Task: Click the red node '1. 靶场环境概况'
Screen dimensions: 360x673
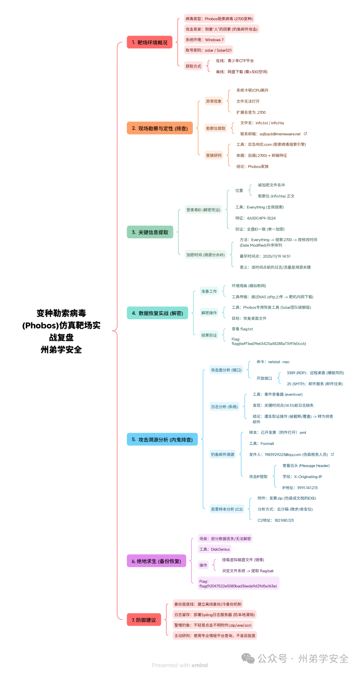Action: pyautogui.click(x=149, y=42)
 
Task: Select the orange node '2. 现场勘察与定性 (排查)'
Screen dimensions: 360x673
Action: pyautogui.click(x=160, y=128)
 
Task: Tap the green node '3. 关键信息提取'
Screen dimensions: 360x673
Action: pyautogui.click(x=150, y=232)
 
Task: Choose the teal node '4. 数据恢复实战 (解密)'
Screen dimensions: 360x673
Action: pyautogui.click(x=157, y=313)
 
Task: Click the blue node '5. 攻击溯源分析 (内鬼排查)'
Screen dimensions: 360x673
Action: pyautogui.click(x=162, y=440)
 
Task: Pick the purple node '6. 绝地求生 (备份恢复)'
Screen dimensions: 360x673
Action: pyautogui.click(x=156, y=561)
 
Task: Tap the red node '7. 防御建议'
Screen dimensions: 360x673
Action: pyautogui.click(x=144, y=620)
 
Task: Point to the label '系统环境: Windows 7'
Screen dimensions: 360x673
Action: pyautogui.click(x=205, y=40)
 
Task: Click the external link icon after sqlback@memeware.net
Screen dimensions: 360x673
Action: pyautogui.click(x=305, y=134)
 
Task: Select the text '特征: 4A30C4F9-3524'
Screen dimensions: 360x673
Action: pyautogui.click(x=255, y=218)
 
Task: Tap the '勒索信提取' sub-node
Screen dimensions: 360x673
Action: pyautogui.click(x=216, y=128)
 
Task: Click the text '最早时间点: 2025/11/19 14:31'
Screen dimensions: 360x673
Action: pyautogui.click(x=265, y=256)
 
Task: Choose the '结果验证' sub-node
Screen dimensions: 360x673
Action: pyautogui.click(x=209, y=335)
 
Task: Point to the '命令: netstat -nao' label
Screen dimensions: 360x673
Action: pyautogui.click(x=273, y=362)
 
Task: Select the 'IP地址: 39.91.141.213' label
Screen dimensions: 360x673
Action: pyautogui.click(x=300, y=488)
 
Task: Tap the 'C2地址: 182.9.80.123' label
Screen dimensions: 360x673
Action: pyautogui.click(x=276, y=520)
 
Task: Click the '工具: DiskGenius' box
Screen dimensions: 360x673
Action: pyautogui.click(x=214, y=549)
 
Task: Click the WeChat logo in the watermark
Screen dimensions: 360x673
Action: pyautogui.click(x=248, y=658)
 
